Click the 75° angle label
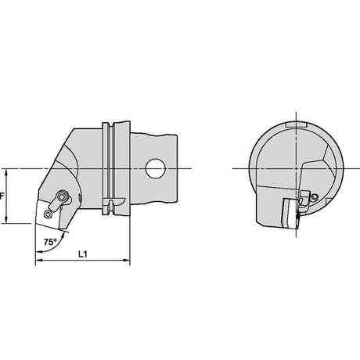coord(50,242)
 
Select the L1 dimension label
coord(83,254)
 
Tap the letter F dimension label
coord(2,196)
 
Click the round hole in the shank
coord(155,168)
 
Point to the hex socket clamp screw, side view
coord(63,196)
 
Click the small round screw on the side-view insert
coord(49,214)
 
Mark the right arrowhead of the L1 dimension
coord(126,260)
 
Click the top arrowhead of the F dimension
coord(6,172)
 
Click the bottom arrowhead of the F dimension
coord(6,220)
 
